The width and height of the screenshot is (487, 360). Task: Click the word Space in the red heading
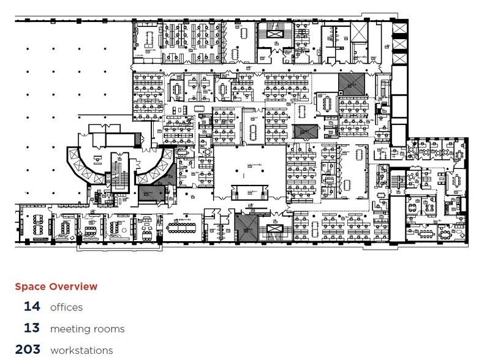click(x=31, y=287)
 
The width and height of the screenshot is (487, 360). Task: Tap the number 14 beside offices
click(x=32, y=307)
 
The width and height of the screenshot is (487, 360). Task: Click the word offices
click(x=66, y=307)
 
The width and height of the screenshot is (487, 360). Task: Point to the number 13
click(x=32, y=328)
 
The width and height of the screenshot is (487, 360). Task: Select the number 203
click(x=28, y=350)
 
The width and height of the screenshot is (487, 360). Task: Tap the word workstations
click(x=81, y=350)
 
